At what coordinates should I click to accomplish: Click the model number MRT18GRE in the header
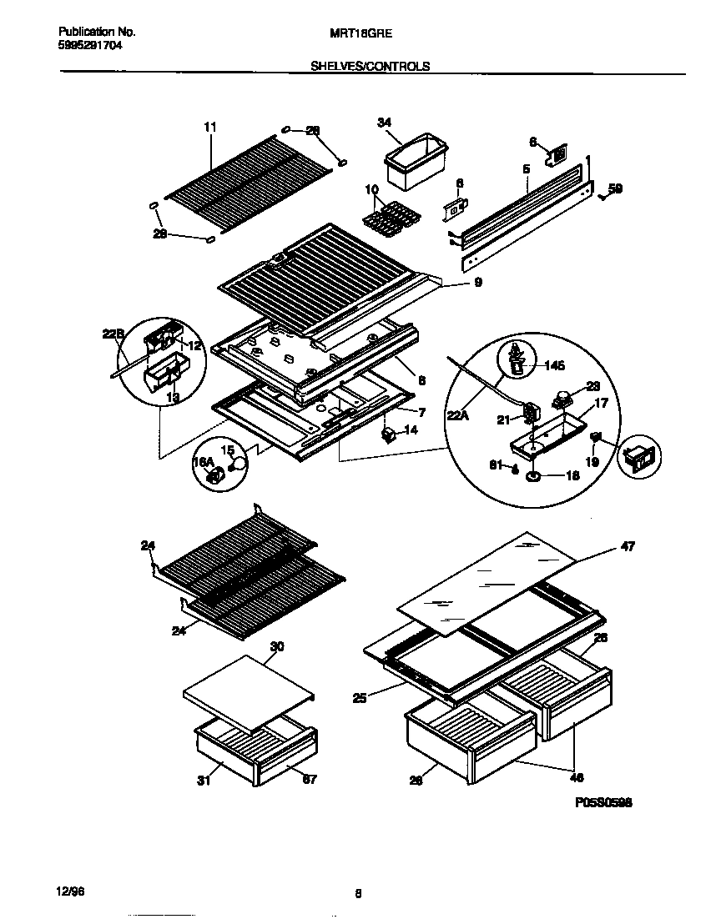368,33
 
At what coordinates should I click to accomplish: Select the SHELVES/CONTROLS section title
371,67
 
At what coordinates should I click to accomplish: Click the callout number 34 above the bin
384,123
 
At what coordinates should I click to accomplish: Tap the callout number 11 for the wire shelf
209,127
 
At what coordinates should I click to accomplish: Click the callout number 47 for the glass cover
628,547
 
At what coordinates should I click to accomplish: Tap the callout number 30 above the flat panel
278,645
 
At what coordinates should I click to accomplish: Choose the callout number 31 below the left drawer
204,780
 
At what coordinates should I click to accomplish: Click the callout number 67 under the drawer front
310,780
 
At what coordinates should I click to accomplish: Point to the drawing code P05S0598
603,802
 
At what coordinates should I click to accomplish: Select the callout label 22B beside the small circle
113,334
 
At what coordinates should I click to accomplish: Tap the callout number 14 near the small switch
411,429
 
